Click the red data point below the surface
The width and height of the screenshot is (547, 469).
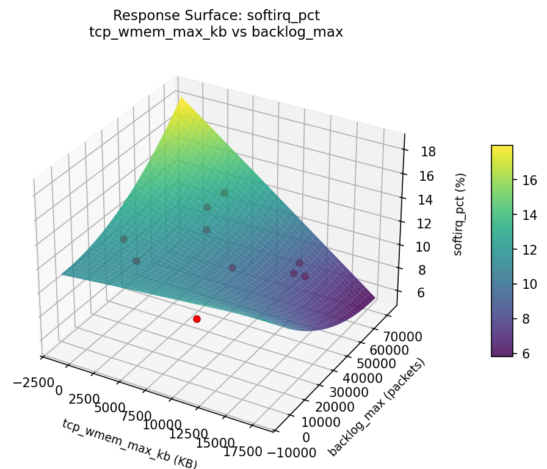[x=197, y=319]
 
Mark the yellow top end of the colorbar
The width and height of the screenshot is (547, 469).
[x=502, y=148]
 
